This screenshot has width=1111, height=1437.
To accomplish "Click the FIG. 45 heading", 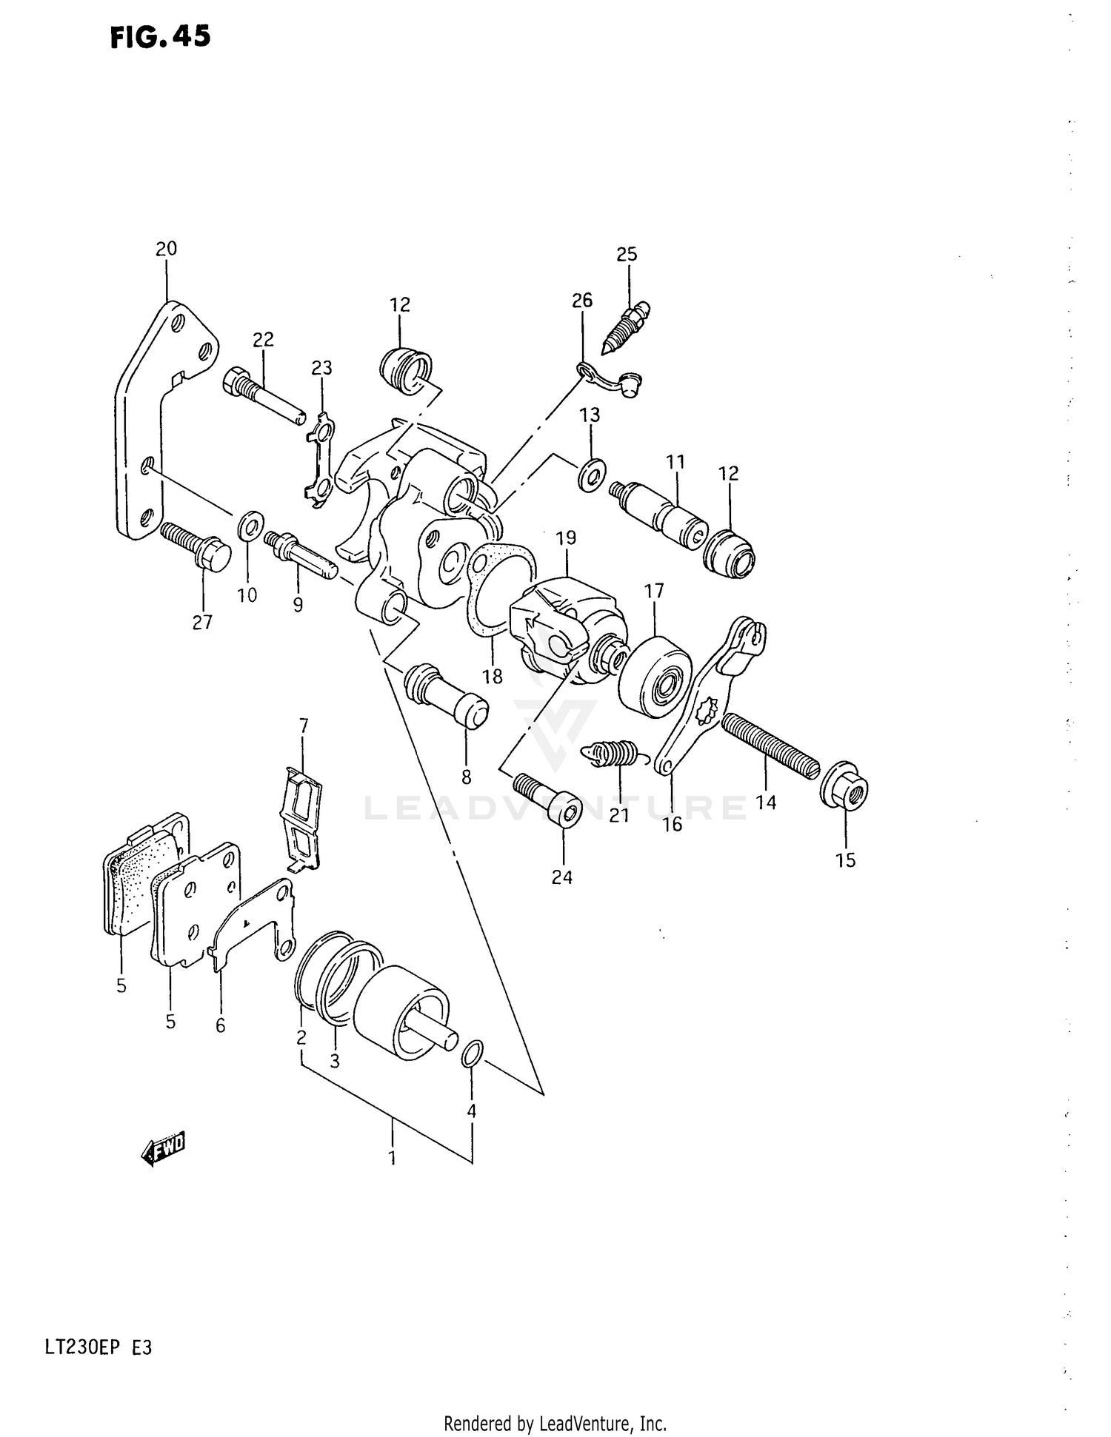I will pos(160,37).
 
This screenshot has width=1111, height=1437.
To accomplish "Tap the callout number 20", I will pos(166,249).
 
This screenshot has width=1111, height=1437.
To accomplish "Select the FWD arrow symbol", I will pos(164,1149).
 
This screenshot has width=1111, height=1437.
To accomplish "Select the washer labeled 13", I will pos(591,474).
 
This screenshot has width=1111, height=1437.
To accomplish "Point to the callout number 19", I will pos(566,537).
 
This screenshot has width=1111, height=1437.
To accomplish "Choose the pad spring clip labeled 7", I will pos(303,820).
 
